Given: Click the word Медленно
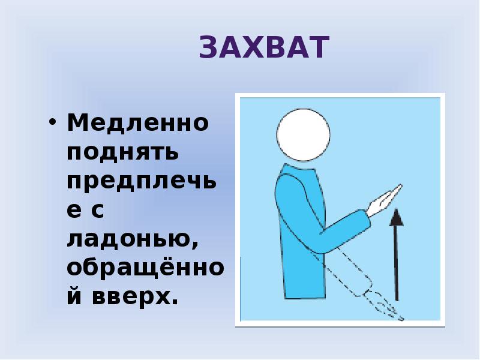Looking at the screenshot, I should [137, 124].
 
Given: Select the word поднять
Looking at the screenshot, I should [122, 152].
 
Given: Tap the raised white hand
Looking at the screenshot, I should [384, 200].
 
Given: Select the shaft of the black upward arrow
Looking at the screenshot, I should [395, 264].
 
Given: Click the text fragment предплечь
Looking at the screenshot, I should [137, 182].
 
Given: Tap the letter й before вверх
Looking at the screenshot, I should [75, 296].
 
